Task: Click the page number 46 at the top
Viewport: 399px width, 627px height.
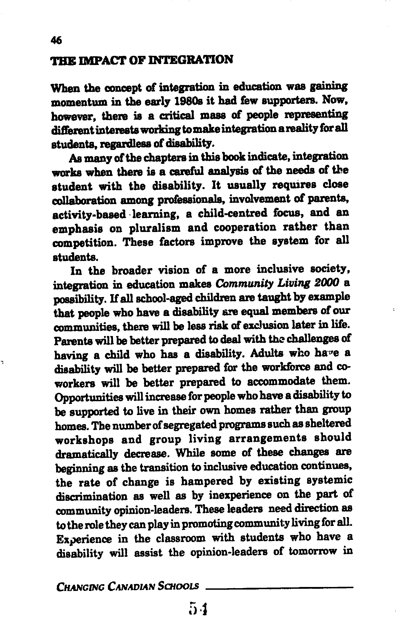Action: (57, 40)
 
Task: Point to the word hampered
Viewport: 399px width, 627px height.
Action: (207, 481)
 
